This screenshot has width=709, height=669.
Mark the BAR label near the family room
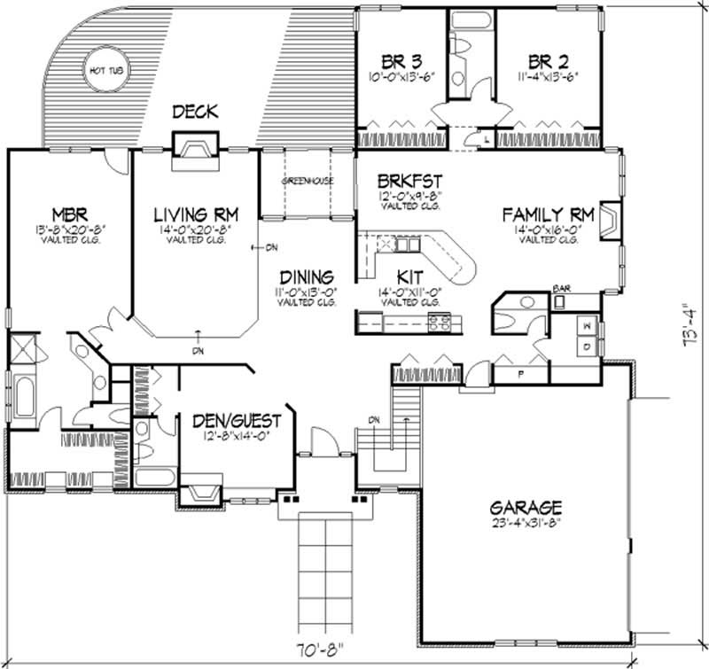[x=560, y=289]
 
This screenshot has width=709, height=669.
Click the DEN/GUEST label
[x=237, y=420]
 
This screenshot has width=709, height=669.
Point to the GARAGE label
[x=526, y=508]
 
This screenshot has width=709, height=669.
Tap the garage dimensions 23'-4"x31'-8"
[x=526, y=523]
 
